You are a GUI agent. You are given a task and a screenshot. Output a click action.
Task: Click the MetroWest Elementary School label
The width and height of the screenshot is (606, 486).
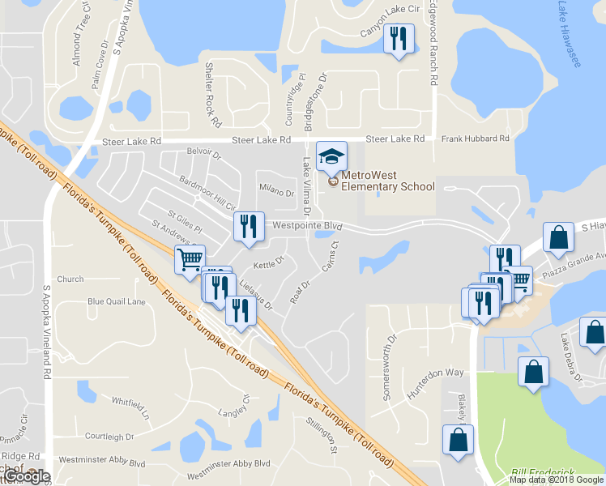387,181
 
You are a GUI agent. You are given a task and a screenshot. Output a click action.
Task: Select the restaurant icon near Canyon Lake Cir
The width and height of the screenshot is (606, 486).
399,39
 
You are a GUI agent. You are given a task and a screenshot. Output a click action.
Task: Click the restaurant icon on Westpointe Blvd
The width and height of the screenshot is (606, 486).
249,227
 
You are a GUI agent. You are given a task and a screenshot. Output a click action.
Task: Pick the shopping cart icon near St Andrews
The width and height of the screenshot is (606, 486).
190,260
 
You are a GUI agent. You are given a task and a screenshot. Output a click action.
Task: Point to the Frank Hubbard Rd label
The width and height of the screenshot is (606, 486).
476,139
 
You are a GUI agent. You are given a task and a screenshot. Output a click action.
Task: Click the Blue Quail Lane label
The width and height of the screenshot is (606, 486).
116,301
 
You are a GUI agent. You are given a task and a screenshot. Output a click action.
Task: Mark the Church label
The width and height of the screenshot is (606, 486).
70,279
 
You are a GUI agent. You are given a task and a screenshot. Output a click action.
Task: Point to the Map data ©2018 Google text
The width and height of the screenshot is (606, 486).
555,480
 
